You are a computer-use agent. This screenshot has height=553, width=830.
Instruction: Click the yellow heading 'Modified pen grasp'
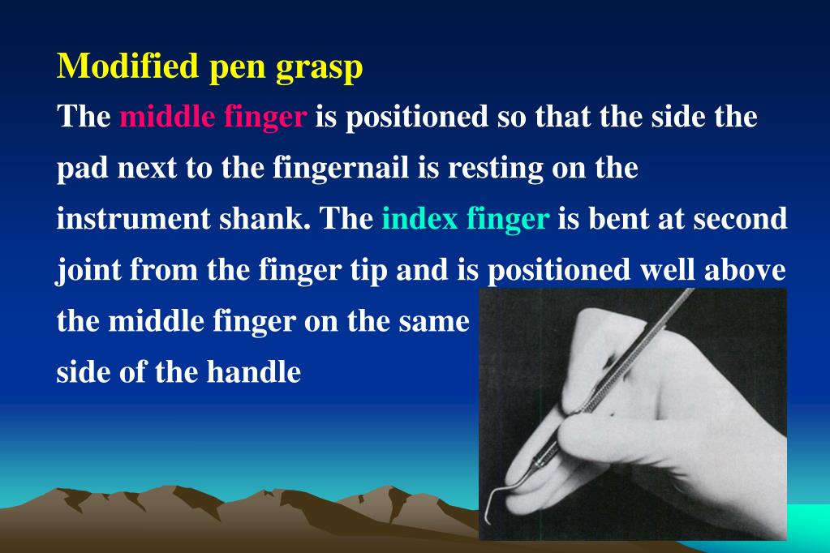coord(209,67)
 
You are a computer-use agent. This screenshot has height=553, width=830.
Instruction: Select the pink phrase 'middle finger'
coord(213,118)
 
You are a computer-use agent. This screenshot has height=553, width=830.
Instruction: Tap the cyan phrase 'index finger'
coord(465,220)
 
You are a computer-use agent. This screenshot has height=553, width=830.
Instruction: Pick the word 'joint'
coord(84,272)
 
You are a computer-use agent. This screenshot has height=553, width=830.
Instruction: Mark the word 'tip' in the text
coord(368,272)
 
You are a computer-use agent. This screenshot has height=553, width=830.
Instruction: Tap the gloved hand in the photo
coord(649,405)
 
